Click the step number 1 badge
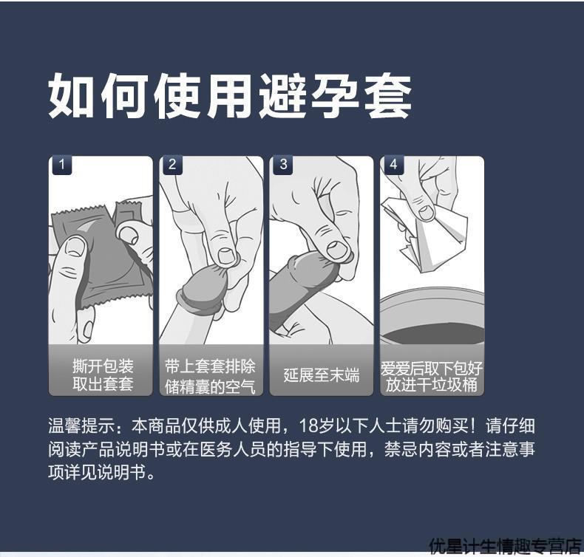point(61,165)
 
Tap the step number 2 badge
point(172,165)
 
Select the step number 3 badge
point(283,165)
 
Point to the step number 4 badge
point(393,165)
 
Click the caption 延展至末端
point(322,375)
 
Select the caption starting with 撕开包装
point(103,375)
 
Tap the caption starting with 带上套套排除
point(210,375)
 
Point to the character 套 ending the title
point(387,97)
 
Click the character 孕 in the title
point(334,97)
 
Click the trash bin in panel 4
point(432,318)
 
